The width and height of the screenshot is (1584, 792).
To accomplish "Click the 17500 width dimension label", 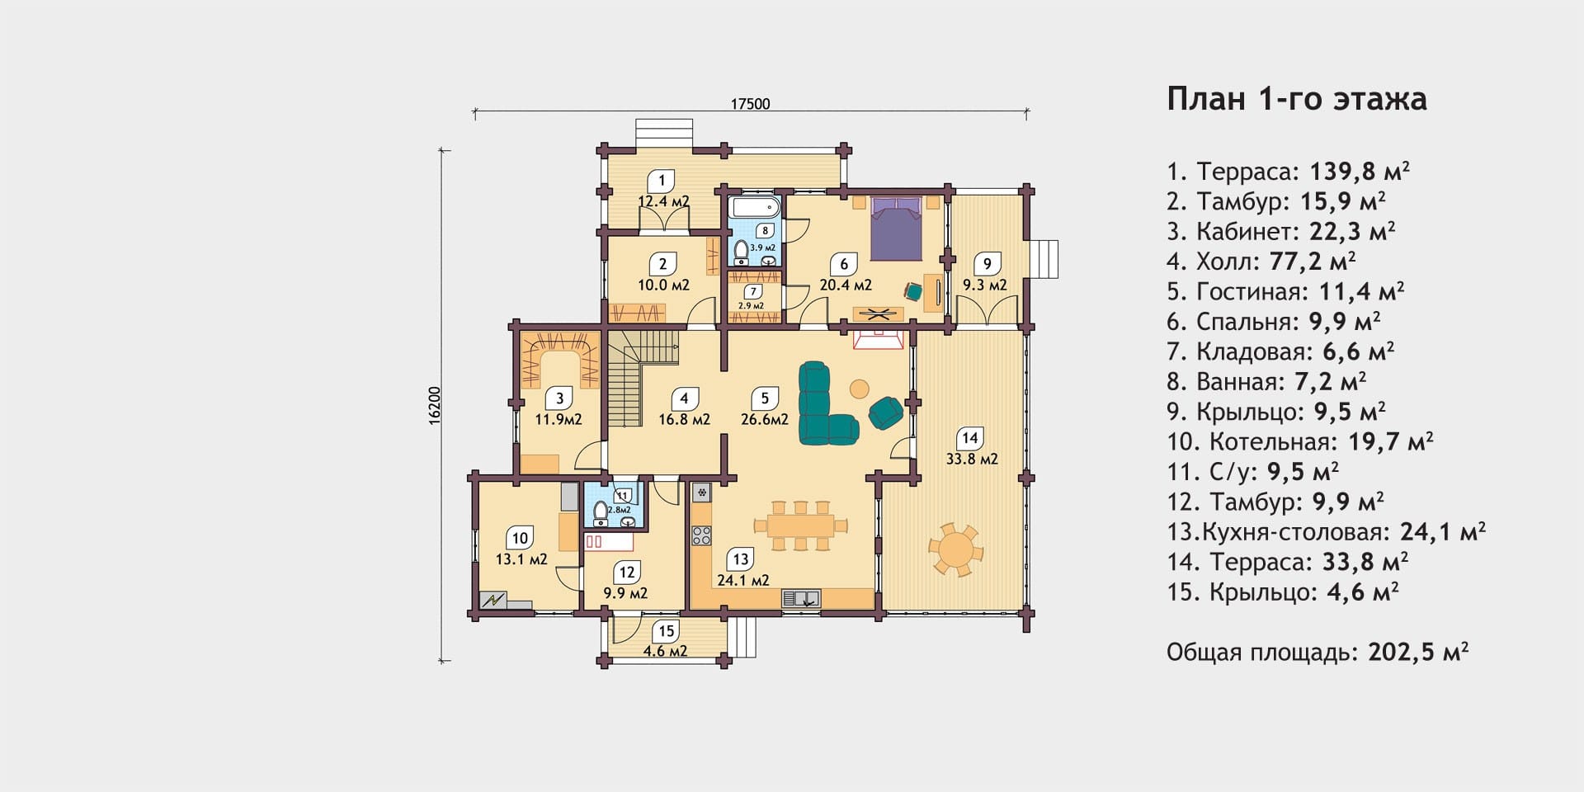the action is [x=750, y=104].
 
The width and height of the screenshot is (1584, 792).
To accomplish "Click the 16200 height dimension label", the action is [x=435, y=406].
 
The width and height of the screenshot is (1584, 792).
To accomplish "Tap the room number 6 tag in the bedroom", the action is [x=844, y=264].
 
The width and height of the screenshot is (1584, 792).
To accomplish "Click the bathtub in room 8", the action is [x=754, y=206].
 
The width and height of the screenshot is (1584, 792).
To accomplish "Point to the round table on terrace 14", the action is [x=956, y=549].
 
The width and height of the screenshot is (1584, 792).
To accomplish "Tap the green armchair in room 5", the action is [x=886, y=412].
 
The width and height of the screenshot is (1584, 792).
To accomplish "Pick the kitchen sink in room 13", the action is [x=800, y=598].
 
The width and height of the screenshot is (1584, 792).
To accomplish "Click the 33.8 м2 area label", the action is [x=972, y=459].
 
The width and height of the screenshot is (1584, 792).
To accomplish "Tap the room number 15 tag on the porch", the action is [x=666, y=632].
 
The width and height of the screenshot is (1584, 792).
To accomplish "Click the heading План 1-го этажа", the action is [x=1297, y=98].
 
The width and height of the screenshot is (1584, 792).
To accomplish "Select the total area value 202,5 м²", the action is [x=1418, y=652].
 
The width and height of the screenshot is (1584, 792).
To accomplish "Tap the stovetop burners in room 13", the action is [x=701, y=535].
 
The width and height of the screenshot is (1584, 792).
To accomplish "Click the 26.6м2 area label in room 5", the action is [x=765, y=419].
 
